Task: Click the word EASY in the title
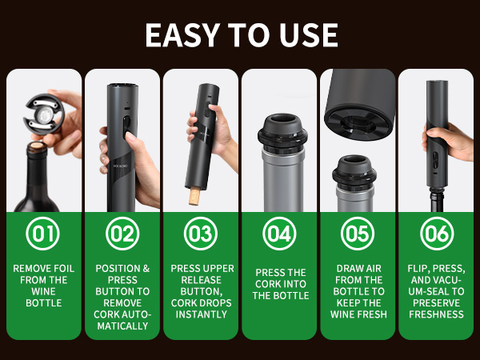pyautogui.click(x=182, y=35)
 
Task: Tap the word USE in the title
pyautogui.click(x=309, y=35)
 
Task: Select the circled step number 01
pyautogui.click(x=43, y=234)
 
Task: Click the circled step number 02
pyautogui.click(x=122, y=234)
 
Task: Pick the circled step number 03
pyautogui.click(x=201, y=234)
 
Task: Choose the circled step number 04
pyautogui.click(x=279, y=234)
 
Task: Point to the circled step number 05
pyautogui.click(x=358, y=234)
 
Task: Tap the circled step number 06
pyautogui.click(x=437, y=234)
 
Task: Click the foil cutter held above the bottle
pyautogui.click(x=44, y=114)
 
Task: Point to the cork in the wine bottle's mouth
pyautogui.click(x=38, y=146)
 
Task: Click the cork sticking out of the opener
pyautogui.click(x=194, y=196)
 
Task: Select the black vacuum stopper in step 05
pyautogui.click(x=354, y=172)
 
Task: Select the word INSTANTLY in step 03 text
pyautogui.click(x=202, y=314)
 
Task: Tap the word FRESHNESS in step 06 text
pyautogui.click(x=437, y=314)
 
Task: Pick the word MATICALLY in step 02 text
pyautogui.click(x=122, y=326)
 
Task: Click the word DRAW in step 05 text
pyautogui.click(x=348, y=269)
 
